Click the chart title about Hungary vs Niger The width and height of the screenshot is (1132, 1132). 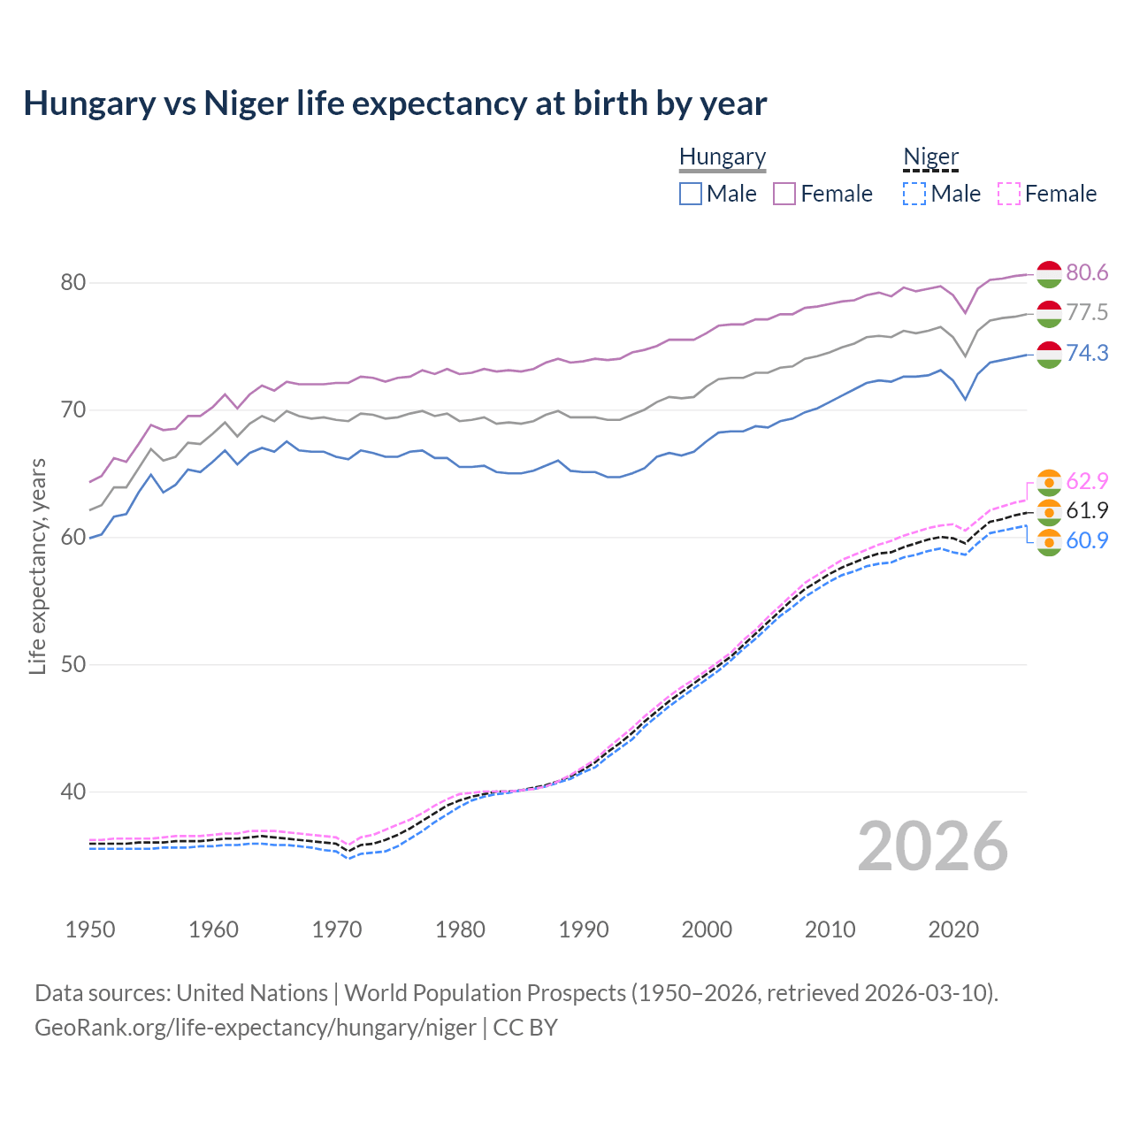[394, 103]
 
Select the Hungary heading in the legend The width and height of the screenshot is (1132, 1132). [723, 157]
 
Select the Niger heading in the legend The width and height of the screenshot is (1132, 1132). [930, 157]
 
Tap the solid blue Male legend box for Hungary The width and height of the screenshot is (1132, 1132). [691, 194]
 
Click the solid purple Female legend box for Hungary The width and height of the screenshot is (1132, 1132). [784, 194]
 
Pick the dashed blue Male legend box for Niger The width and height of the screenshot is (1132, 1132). [914, 194]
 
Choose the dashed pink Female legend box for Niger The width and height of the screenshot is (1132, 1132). [1009, 194]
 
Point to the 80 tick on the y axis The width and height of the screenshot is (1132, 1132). [73, 283]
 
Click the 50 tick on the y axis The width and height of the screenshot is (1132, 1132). [73, 665]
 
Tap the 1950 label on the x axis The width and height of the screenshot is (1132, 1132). [90, 929]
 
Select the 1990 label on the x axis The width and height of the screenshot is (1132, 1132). [584, 929]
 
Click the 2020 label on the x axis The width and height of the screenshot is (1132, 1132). [953, 929]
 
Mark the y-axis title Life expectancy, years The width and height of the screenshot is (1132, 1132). [37, 566]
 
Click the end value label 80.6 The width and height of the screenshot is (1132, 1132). [1087, 272]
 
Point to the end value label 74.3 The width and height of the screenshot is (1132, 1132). [1087, 353]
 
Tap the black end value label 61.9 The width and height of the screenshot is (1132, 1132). [1087, 510]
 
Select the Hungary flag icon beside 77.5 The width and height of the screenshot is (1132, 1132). [1049, 313]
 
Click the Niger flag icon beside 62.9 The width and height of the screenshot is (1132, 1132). [1049, 482]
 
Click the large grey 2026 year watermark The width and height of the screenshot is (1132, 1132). [933, 846]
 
